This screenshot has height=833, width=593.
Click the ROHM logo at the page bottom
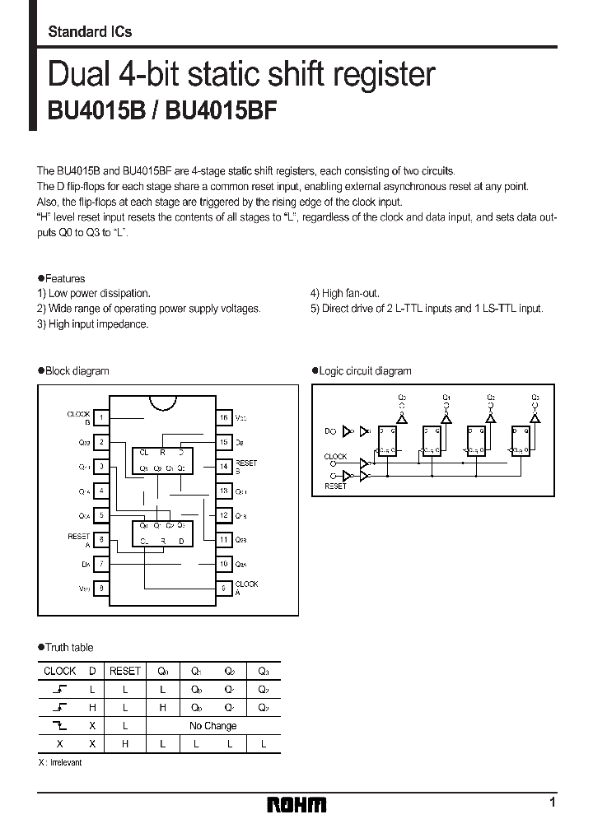coord(296,804)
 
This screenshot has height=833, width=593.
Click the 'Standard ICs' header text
coord(90,32)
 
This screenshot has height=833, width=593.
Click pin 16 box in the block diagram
coord(223,418)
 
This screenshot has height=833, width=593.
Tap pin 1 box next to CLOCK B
coord(100,418)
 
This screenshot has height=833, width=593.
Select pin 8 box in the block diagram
coord(100,589)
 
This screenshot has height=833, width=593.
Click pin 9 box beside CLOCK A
coord(223,589)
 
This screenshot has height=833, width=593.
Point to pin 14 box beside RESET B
coord(223,467)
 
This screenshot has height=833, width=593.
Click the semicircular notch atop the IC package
coord(162,403)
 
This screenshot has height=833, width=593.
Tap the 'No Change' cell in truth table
coord(212,726)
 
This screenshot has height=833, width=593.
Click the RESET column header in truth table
coord(125,671)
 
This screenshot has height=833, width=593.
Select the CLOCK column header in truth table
coord(59,671)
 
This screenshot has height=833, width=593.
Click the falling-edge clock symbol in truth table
coord(59,726)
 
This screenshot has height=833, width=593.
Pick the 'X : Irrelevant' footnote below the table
coord(60,763)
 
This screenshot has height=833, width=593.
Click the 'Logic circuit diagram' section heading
coord(364,371)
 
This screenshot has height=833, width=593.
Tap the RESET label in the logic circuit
coord(335,486)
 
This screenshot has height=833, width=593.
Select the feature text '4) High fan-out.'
coord(344,293)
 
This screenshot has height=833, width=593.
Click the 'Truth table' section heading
coord(69,648)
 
